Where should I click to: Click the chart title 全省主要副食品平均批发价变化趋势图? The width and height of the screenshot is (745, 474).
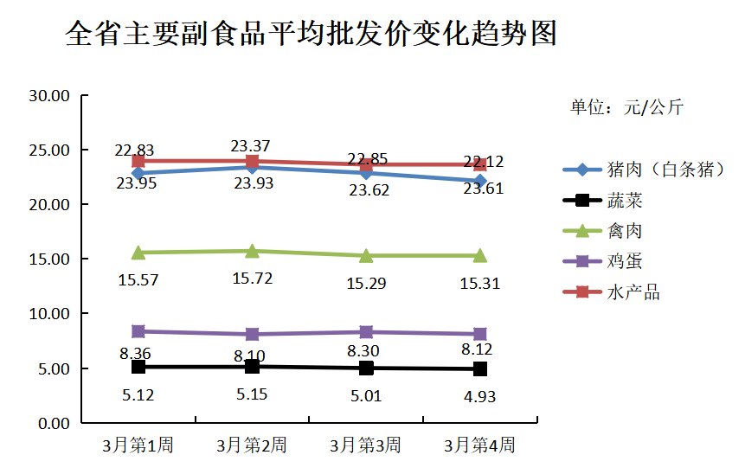pos(311,35)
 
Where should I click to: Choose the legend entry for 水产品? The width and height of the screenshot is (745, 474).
pos(633,292)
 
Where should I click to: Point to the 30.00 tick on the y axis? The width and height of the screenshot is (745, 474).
pos(48,96)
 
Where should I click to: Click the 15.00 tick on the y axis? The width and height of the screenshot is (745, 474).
pos(48,259)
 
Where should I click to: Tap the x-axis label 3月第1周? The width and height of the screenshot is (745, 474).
pos(138,446)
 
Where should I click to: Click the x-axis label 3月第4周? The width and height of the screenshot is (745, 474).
pos(479,446)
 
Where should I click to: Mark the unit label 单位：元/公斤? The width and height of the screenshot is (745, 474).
pos(626,107)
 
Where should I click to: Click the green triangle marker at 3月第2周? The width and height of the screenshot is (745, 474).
pos(252,251)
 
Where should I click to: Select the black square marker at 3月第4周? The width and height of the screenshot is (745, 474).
pos(479,368)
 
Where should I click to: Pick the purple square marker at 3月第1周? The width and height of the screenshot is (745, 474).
pos(138,331)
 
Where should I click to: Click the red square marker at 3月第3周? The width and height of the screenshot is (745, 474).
pos(366,164)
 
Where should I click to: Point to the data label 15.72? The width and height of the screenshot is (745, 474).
pos(252,278)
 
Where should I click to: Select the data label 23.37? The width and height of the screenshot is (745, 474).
pos(251,145)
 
